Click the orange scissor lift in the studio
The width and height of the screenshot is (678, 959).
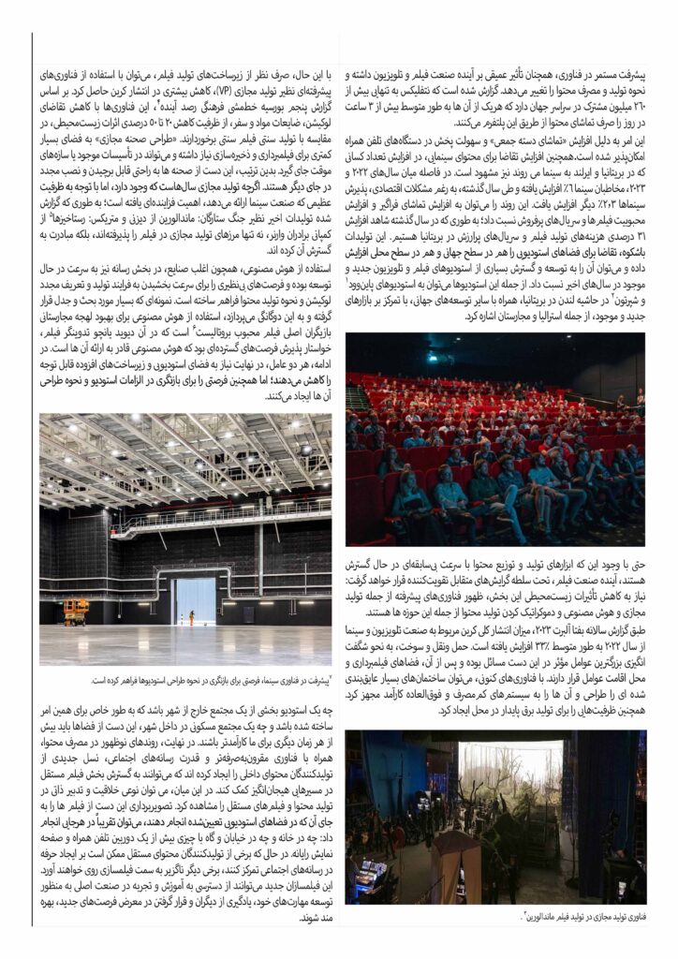[76, 610]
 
